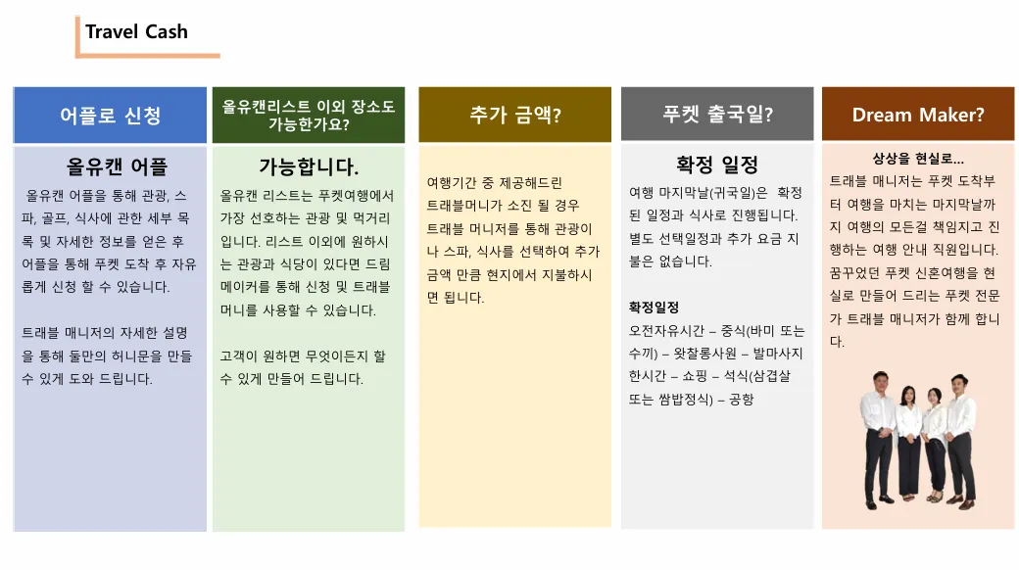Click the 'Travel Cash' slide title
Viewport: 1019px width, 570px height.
pyautogui.click(x=136, y=32)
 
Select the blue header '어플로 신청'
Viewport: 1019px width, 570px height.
pyautogui.click(x=110, y=115)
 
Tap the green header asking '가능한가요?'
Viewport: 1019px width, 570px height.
pyautogui.click(x=309, y=115)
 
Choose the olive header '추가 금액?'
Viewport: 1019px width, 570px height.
pyautogui.click(x=514, y=115)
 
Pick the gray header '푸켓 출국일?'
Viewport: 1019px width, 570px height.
pyautogui.click(x=717, y=114)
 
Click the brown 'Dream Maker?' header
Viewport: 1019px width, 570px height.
pyautogui.click(x=918, y=114)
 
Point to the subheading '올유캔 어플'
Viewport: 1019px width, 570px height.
pyautogui.click(x=117, y=167)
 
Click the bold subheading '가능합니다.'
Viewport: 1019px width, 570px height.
pyautogui.click(x=309, y=167)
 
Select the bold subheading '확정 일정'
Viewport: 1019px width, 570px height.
pyautogui.click(x=717, y=165)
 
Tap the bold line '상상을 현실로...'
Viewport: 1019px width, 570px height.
pyautogui.click(x=918, y=158)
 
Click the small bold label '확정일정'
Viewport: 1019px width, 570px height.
pyautogui.click(x=654, y=307)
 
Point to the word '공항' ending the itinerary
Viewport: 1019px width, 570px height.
pyautogui.click(x=742, y=399)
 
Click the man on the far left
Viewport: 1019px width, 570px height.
pyautogui.click(x=879, y=439)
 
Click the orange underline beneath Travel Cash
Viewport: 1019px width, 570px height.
pyautogui.click(x=148, y=56)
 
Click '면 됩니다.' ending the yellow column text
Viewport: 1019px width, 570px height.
pyautogui.click(x=456, y=298)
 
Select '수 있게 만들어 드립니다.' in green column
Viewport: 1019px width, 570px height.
pyautogui.click(x=291, y=379)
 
